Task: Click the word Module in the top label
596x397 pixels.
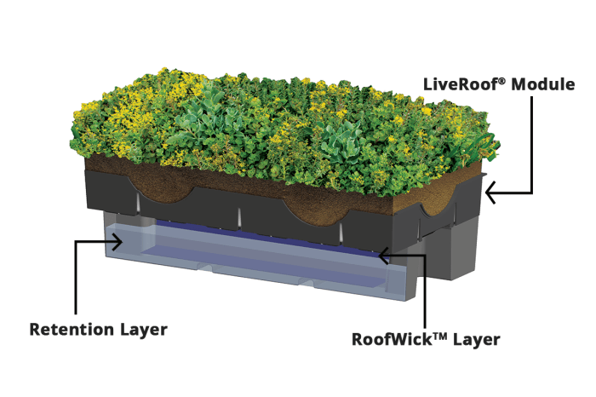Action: (542, 84)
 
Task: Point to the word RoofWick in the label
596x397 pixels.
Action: (394, 339)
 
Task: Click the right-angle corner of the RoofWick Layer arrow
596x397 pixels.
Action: (425, 252)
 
